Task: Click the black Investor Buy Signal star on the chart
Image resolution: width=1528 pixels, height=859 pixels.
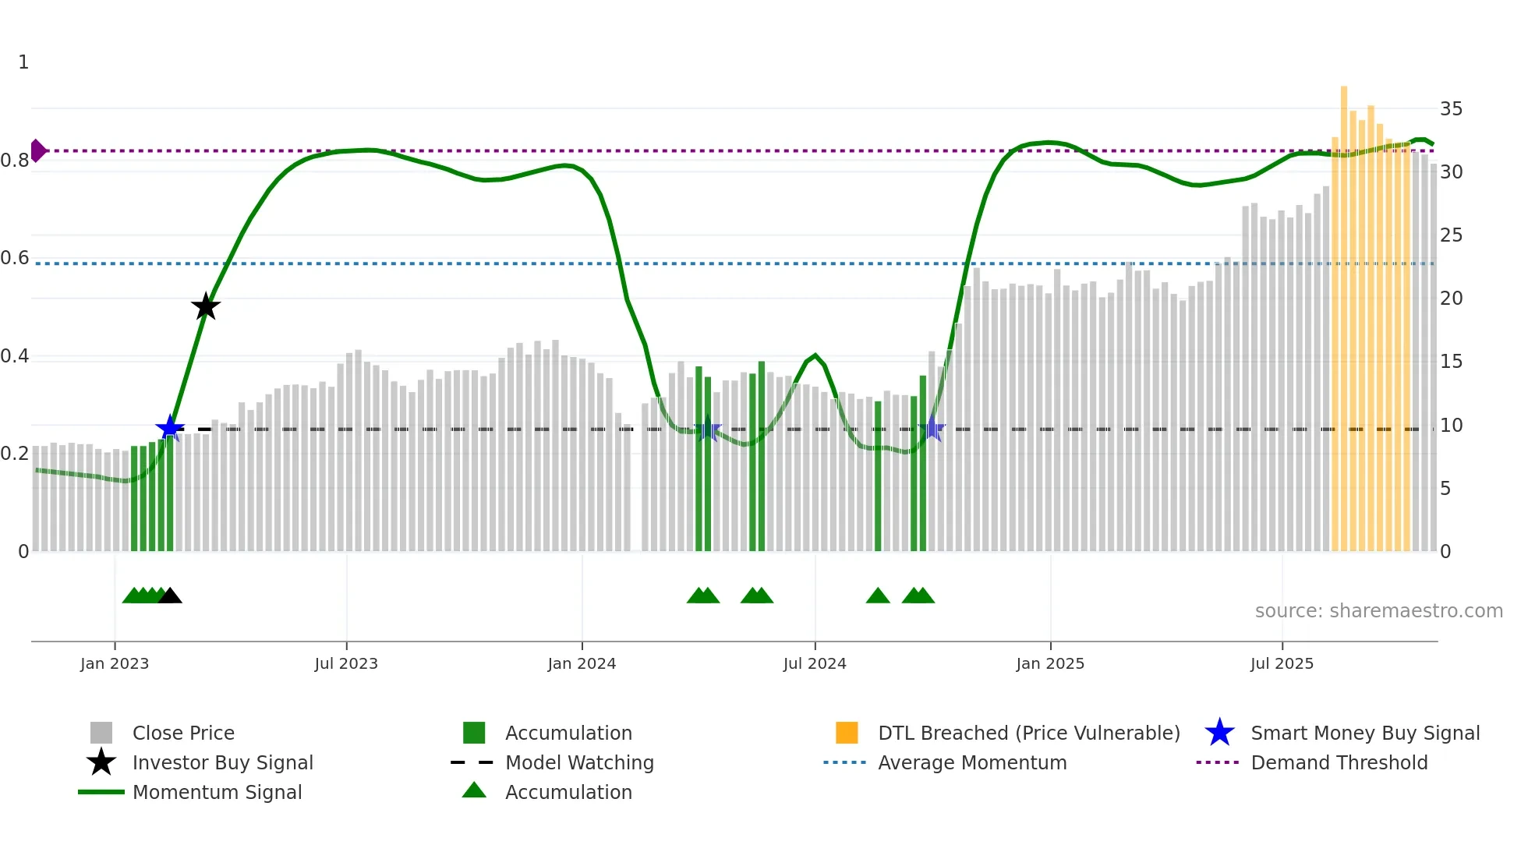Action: point(206,306)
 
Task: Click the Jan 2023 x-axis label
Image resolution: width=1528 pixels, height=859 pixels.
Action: point(115,663)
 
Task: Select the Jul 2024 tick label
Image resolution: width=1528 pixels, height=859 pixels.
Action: point(815,663)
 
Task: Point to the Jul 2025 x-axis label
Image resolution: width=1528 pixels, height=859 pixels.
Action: point(1282,663)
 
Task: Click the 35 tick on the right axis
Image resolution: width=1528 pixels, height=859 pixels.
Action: point(1451,109)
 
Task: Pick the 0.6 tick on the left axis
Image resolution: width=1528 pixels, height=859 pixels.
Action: point(15,258)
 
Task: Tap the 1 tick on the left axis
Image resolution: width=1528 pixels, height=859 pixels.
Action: point(23,62)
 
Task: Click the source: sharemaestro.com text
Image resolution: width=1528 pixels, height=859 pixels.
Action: point(1378,611)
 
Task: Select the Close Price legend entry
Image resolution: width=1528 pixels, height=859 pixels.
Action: point(183,734)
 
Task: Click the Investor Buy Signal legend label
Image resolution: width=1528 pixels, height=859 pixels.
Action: point(223,763)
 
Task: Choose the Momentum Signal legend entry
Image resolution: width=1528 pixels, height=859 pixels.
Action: point(217,793)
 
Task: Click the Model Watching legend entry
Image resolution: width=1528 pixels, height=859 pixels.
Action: point(579,763)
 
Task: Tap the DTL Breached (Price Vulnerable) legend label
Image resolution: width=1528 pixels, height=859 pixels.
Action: point(1029,734)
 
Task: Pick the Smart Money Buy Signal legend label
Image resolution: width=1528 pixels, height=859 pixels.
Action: point(1365,734)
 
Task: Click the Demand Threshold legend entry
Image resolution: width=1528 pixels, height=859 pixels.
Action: point(1339,763)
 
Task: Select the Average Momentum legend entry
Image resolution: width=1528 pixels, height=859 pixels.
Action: point(972,763)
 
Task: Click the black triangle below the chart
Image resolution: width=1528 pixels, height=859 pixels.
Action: point(170,596)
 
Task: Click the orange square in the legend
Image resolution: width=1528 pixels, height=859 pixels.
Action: point(847,733)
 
